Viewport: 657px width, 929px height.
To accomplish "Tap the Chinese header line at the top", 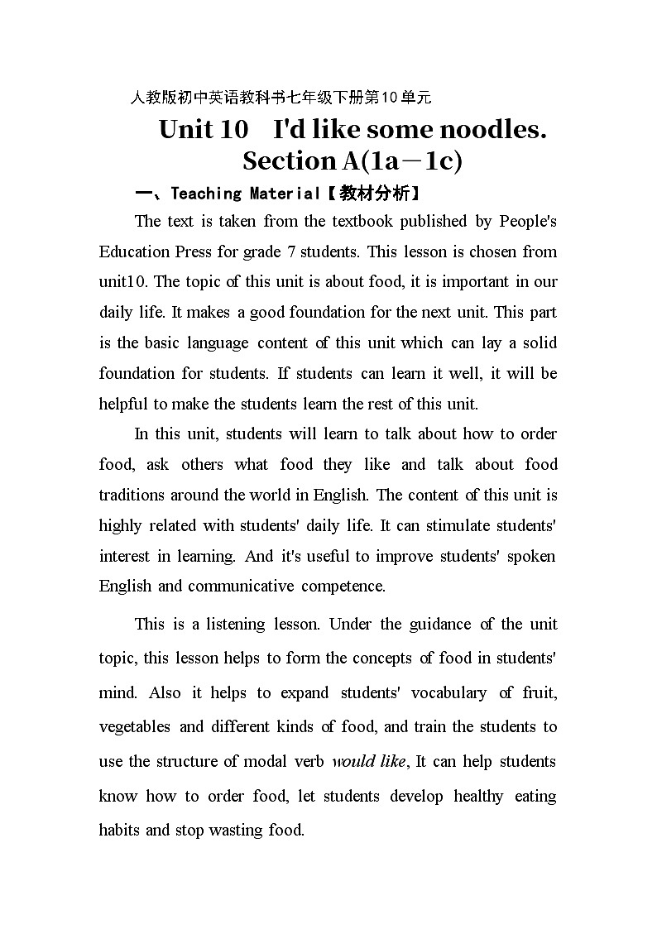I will [x=281, y=98].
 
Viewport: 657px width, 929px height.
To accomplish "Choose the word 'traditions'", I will [x=132, y=495].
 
